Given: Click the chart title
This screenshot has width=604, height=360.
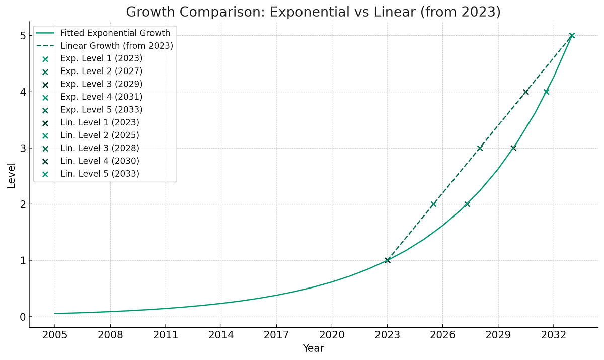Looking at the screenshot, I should point(313,12).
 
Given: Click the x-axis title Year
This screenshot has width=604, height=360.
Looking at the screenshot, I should point(313,348).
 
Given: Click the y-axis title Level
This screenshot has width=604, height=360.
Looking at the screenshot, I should point(11,175).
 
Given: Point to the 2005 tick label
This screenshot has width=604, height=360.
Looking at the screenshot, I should point(55,335).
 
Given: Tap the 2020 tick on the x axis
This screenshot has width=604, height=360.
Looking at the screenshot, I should point(332,335).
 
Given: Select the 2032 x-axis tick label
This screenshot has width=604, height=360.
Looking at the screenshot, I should point(553,335).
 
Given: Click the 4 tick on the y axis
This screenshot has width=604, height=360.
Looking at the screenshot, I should point(22,92).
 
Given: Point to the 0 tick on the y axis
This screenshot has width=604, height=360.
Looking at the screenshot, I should point(22,317).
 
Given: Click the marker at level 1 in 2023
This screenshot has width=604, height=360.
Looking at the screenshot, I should point(387,260).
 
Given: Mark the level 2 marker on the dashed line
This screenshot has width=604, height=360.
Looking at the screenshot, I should point(433,204).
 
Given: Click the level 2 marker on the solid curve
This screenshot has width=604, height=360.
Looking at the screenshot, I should point(467,204).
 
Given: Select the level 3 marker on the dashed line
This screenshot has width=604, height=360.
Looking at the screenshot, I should point(480,148).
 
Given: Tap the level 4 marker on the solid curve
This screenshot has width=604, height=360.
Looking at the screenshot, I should point(546,92).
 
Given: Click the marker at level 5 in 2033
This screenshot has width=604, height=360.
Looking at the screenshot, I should point(572,35).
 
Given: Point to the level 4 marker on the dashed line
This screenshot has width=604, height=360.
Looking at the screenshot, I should point(526,92).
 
